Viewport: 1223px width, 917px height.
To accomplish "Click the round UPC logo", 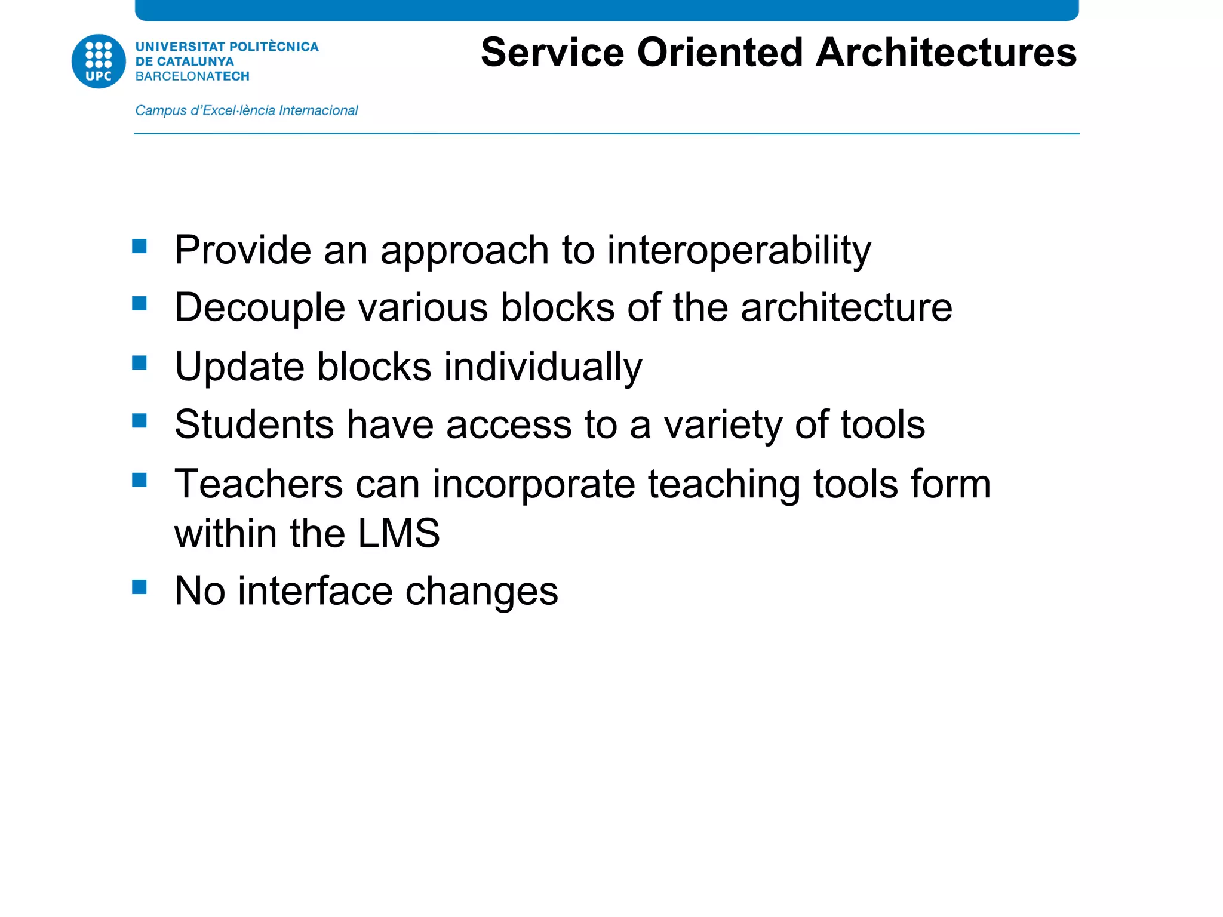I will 99,61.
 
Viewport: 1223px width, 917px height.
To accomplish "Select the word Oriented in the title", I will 720,53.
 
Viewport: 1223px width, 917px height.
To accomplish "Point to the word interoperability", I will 739,250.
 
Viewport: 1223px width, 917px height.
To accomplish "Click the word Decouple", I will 260,309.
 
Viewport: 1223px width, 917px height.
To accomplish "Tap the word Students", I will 254,424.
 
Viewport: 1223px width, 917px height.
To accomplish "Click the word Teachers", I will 259,484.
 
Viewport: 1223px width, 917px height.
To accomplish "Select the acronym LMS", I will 399,533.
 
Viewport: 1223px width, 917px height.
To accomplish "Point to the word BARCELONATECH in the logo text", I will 192,76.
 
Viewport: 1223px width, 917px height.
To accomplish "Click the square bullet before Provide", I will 140,247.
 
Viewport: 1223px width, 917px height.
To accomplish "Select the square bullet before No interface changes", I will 140,587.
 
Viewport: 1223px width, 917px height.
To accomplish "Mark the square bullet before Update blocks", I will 140,363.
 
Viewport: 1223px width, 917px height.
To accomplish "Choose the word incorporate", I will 534,485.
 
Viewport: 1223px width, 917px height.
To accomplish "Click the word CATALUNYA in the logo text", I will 195,61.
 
